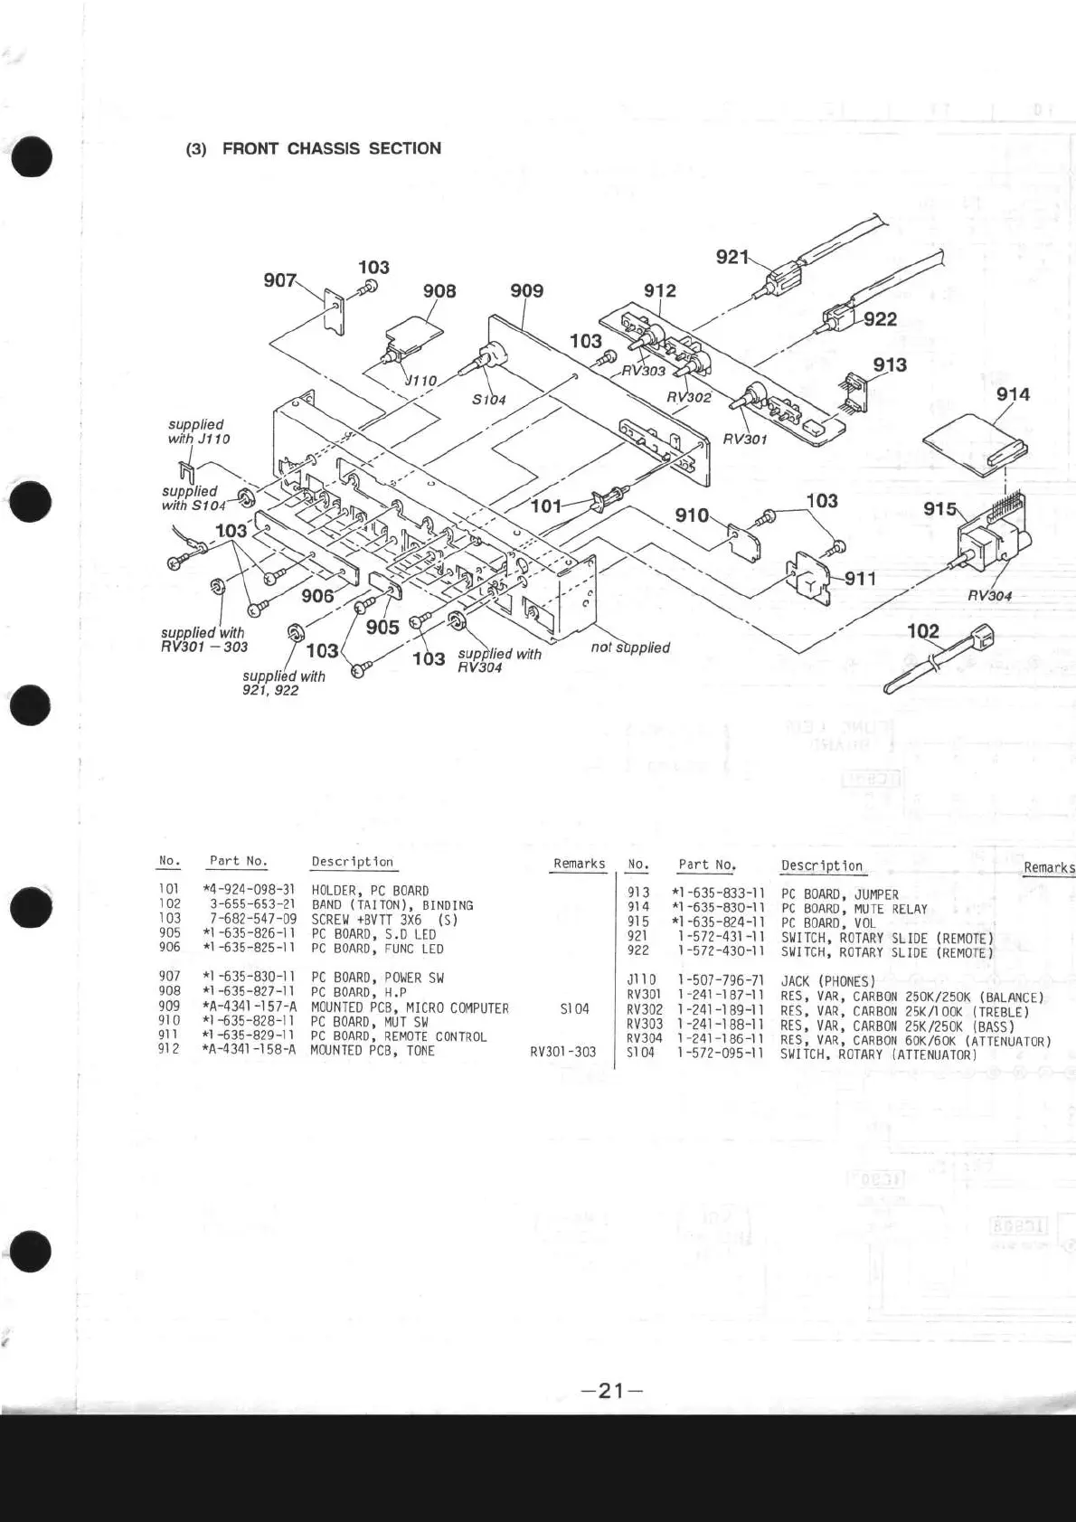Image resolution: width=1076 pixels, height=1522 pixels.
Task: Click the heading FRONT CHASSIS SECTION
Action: [331, 148]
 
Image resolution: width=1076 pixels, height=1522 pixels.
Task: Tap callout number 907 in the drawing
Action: [279, 280]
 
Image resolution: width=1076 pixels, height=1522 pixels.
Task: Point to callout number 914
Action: [1013, 394]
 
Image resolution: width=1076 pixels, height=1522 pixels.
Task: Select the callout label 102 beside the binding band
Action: [922, 631]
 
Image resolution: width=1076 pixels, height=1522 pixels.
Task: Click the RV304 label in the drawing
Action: [990, 596]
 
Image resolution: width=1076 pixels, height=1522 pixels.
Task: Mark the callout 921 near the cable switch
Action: [732, 257]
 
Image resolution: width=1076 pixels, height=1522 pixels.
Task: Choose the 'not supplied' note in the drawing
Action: [630, 648]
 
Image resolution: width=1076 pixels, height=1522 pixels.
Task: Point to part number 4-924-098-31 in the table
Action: [250, 891]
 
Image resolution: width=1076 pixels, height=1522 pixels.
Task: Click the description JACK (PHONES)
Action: [827, 981]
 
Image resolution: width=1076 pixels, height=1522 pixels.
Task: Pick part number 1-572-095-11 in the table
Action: [721, 1054]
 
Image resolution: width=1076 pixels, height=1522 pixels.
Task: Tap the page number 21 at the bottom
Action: [612, 1390]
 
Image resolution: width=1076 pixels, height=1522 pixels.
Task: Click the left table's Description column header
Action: [353, 862]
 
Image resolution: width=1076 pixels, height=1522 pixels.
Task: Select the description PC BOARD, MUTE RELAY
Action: [854, 909]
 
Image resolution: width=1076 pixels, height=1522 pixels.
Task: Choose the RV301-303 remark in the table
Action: [562, 1052]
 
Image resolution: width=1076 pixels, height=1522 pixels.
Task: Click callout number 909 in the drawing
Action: [526, 290]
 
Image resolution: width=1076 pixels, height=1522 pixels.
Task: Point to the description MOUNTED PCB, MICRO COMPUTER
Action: [410, 1008]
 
